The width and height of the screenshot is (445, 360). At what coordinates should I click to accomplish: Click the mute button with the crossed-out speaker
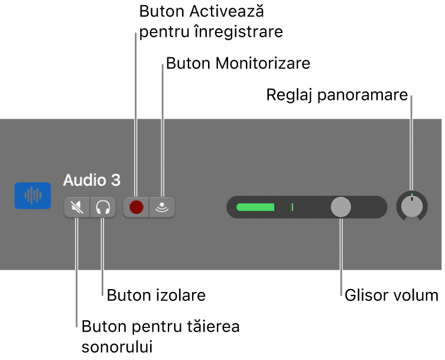[77, 207]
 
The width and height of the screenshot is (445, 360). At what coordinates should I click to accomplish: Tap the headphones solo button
[103, 207]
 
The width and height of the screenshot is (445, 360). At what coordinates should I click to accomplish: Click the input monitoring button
[162, 207]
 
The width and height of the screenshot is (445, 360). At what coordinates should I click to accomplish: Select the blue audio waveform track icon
[33, 196]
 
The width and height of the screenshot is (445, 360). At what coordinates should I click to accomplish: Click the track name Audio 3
[92, 180]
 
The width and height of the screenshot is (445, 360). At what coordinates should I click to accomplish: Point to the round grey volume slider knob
[341, 207]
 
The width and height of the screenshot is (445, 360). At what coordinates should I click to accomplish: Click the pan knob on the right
[412, 206]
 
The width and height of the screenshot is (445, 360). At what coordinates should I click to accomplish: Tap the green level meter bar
[255, 207]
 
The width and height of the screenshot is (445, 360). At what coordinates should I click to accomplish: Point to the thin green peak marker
[293, 207]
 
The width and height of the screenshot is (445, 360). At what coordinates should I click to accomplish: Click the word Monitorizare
[263, 63]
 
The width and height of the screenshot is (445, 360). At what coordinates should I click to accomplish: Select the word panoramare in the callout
[363, 95]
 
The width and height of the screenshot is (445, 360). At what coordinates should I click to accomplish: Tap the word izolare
[181, 295]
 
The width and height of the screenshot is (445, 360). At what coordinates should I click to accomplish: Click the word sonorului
[117, 347]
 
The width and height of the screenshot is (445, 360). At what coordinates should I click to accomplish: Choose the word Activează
[227, 11]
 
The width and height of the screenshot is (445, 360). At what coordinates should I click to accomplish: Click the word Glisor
[362, 295]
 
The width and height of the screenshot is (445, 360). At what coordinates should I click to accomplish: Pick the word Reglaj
[289, 95]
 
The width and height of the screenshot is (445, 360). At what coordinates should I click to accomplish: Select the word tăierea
[213, 326]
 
